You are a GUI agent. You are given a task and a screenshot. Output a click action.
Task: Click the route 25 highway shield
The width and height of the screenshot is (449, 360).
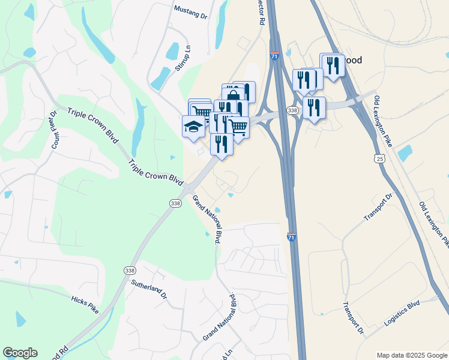point(379,158)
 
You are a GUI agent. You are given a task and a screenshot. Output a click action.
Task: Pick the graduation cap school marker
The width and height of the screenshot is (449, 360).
point(193,127)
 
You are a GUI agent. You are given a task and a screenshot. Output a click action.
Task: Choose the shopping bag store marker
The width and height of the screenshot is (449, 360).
point(233,94)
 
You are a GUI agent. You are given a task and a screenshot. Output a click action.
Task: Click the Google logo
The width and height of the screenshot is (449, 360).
point(20,353)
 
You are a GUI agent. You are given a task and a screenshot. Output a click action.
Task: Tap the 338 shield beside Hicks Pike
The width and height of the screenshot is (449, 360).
point(130,271)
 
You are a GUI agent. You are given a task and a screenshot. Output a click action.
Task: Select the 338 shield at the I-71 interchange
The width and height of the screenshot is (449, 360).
point(292,110)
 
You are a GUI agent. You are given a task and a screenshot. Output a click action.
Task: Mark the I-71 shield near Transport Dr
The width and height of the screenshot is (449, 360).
point(292,237)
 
